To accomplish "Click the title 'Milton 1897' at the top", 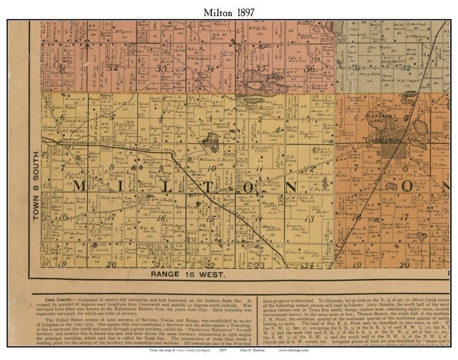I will [228, 11].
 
